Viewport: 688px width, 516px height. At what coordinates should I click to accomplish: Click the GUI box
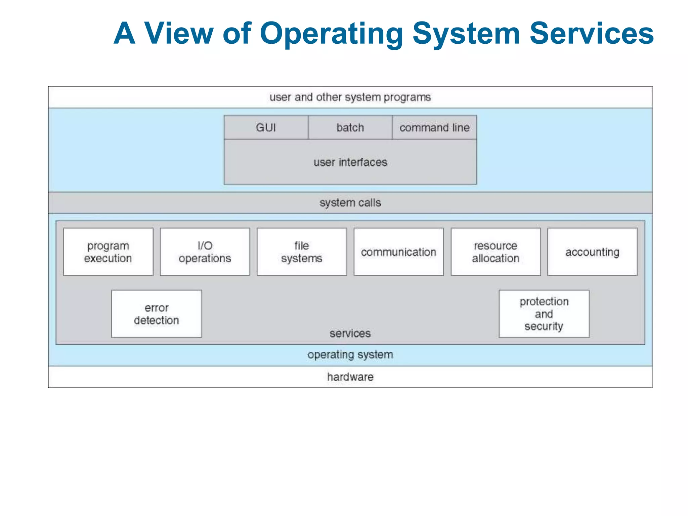[x=266, y=128]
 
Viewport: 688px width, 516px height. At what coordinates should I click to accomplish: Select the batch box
[x=350, y=128]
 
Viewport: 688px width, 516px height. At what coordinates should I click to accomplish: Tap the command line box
[x=434, y=128]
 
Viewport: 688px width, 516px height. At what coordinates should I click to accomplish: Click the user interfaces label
[x=350, y=162]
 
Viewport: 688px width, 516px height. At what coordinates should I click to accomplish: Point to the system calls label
[x=350, y=203]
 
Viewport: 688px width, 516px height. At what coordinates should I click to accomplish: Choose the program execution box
[x=108, y=252]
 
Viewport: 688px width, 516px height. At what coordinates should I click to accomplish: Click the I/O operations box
[x=205, y=252]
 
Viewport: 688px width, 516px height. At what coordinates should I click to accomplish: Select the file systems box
[x=302, y=252]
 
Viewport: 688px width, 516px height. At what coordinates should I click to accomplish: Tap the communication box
[x=398, y=252]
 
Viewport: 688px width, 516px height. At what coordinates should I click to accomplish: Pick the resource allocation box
[x=496, y=252]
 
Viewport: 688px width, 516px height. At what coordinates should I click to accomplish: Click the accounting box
[x=592, y=252]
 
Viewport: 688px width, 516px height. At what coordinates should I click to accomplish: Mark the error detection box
[x=157, y=314]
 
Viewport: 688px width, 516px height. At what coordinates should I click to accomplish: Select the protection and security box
[x=544, y=314]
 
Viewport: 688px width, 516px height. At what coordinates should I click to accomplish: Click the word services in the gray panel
[x=350, y=333]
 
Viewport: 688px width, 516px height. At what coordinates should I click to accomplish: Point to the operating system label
[x=350, y=355]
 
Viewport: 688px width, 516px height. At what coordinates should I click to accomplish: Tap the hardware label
[x=350, y=377]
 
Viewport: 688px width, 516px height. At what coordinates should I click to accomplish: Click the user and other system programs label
[x=350, y=97]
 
